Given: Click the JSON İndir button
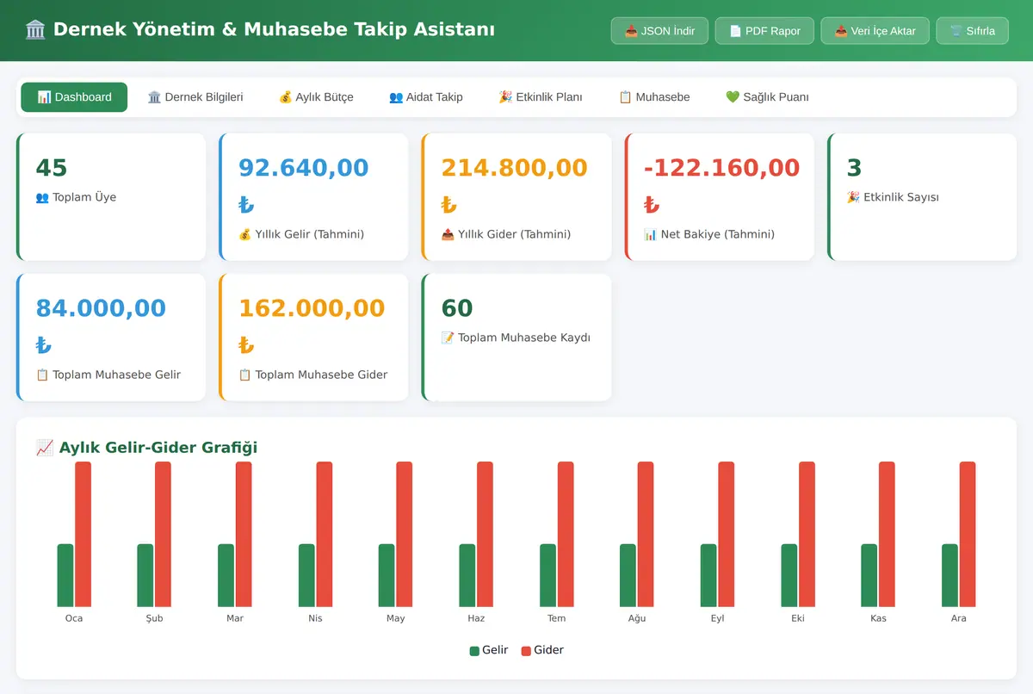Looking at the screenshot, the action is click(x=659, y=31).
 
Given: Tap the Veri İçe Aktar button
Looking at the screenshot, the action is click(x=875, y=31).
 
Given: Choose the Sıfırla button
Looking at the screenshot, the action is click(x=972, y=31).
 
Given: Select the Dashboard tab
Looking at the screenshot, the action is click(x=74, y=96).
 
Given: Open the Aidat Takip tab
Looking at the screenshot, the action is click(x=425, y=96).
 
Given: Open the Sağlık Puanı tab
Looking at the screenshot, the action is click(x=767, y=96).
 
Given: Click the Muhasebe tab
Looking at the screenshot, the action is click(x=654, y=96).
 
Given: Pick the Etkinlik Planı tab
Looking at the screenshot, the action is click(x=541, y=96).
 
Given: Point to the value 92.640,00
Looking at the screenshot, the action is click(x=303, y=167).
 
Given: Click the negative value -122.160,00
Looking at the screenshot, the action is click(x=721, y=167).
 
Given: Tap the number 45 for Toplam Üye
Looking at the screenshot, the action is click(x=52, y=167).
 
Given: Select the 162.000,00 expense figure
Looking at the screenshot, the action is click(x=312, y=308).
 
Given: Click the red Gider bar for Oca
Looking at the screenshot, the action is click(x=83, y=534).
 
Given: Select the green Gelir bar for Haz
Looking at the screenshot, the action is click(x=467, y=575).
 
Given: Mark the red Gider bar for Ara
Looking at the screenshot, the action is click(x=968, y=534).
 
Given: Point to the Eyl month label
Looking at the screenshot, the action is click(x=717, y=618).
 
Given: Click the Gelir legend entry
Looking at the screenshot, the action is click(x=489, y=650).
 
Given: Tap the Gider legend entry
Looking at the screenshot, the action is click(x=542, y=650).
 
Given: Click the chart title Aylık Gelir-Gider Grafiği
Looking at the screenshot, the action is click(x=158, y=447).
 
